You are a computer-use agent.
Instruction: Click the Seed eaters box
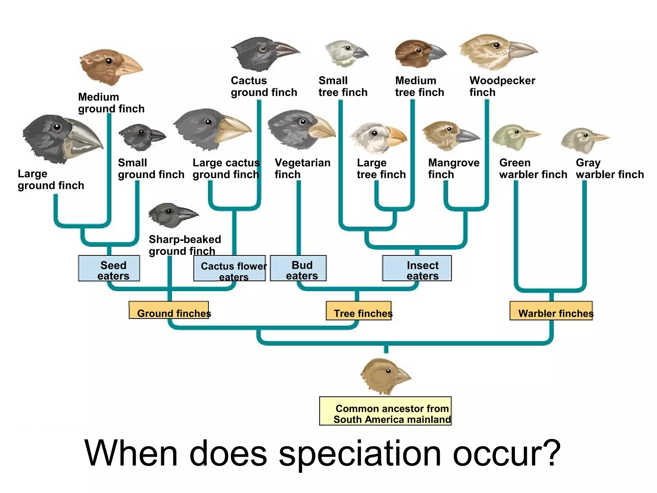[109, 268]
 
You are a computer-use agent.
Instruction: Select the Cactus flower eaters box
[229, 268]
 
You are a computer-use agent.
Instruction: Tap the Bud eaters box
[298, 268]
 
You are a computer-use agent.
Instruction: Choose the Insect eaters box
[417, 268]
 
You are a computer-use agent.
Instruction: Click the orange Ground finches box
[169, 310]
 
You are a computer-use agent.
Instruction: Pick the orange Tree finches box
[359, 310]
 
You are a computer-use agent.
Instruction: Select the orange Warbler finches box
[551, 310]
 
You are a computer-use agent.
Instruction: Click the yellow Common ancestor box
[385, 411]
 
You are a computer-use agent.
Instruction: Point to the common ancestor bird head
[383, 376]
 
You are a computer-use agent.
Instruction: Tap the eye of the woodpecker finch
[497, 45]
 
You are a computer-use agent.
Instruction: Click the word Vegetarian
[303, 163]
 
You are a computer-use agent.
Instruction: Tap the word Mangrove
[454, 163]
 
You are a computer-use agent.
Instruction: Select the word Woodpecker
[502, 81]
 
